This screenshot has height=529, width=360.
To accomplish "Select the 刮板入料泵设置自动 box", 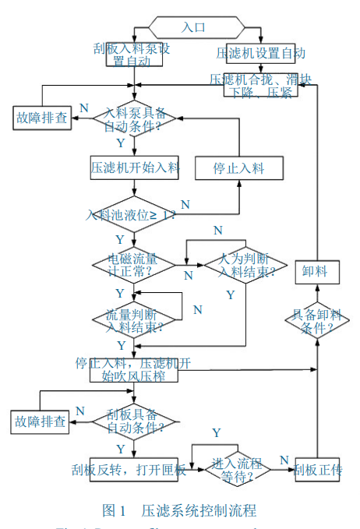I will [135, 53].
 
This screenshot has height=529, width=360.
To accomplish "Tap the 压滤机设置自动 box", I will [260, 53].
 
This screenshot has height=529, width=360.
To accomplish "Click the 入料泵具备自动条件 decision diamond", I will [135, 119].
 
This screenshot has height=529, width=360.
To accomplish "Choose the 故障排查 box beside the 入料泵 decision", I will [42, 118].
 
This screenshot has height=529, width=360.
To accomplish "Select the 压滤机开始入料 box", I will [135, 166].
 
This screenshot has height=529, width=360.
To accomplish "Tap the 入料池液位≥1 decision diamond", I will [135, 214].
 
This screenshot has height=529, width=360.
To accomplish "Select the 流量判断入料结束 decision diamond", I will [135, 319].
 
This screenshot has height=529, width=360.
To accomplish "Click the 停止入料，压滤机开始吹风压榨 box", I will [135, 369].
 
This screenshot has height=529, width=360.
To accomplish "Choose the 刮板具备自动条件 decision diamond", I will [135, 421].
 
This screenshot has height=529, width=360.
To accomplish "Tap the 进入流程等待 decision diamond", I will [238, 469].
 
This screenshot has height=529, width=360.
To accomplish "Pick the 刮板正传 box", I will [317, 469].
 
